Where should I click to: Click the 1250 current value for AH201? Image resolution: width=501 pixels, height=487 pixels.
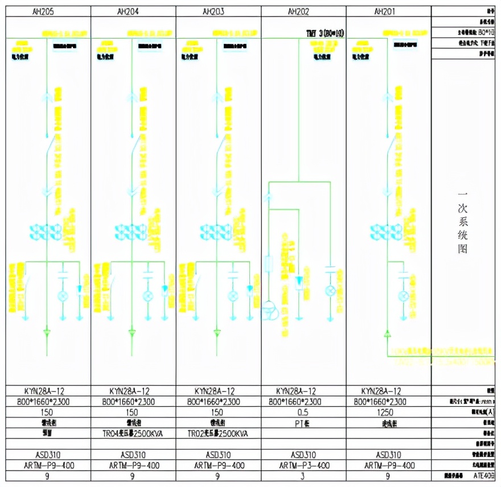389,412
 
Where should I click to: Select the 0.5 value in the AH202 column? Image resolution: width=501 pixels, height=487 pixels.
303,412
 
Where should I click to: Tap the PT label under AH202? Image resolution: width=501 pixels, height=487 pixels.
303,423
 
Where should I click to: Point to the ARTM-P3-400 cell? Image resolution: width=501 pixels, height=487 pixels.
303,465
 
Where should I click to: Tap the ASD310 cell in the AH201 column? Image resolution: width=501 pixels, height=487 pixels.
389,455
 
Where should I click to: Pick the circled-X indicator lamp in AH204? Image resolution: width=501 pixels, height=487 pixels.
148,295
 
